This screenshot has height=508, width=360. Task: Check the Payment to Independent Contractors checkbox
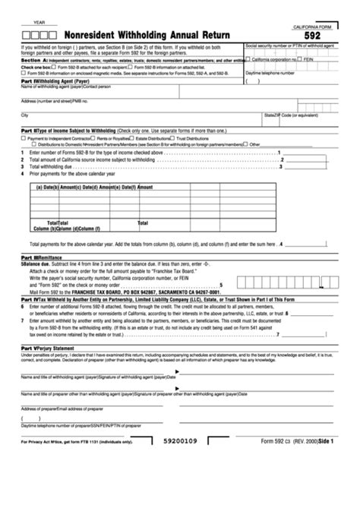pyautogui.click(x=24, y=138)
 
